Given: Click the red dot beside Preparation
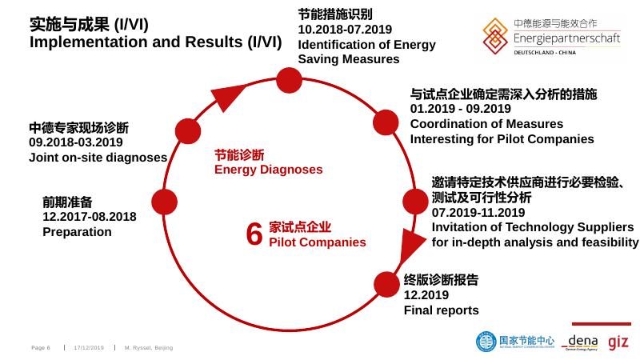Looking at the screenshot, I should coord(163,202).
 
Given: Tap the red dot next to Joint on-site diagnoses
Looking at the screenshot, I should coord(187,131).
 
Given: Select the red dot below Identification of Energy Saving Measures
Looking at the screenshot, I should coord(287,79).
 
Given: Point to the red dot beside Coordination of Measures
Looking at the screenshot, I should coord(386,122).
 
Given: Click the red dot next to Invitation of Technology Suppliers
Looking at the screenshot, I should coord(416,202).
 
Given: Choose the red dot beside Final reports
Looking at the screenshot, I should coord(386,284).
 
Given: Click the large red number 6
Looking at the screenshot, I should coord(254,234).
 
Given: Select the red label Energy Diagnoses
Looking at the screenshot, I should coord(268,170).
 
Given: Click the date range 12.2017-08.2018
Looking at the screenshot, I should coord(90,217).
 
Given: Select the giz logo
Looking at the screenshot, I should coord(618,342).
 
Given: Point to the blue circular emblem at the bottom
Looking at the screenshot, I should coord(486,342).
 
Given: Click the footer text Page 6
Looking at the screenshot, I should coord(41,348).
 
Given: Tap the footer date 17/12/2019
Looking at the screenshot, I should coord(89,348).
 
